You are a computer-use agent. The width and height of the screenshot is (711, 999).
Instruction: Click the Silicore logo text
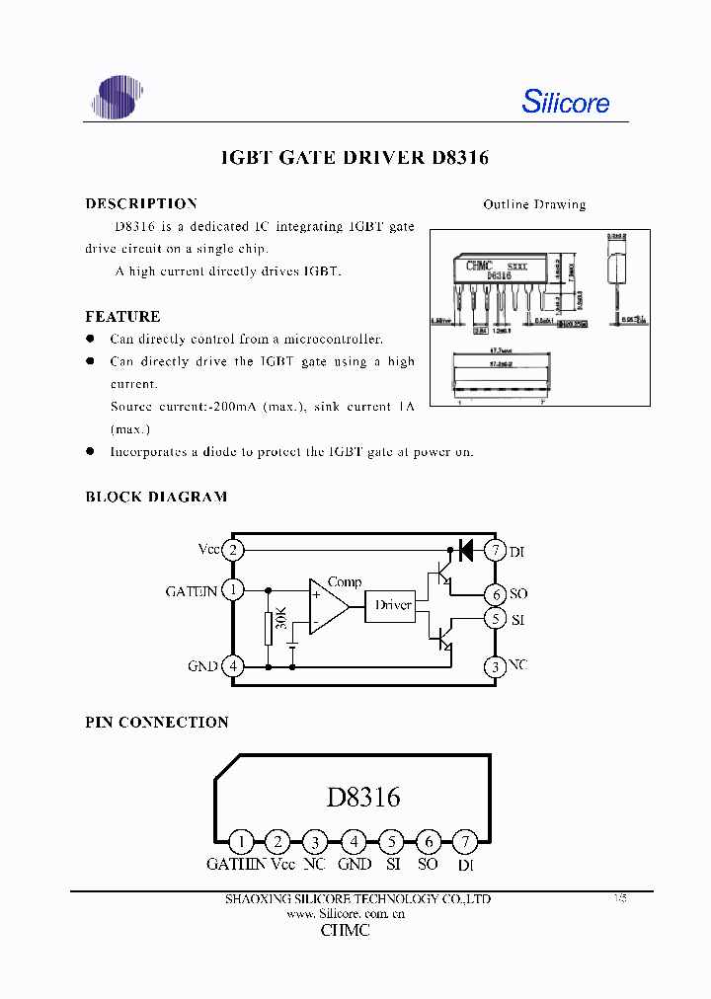click(565, 102)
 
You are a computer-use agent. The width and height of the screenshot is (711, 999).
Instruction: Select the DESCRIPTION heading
click(141, 203)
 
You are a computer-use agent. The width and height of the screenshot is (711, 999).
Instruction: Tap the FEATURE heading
click(122, 317)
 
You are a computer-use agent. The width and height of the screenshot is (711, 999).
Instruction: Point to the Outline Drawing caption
click(534, 204)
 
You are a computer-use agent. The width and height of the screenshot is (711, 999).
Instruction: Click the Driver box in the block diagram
click(393, 605)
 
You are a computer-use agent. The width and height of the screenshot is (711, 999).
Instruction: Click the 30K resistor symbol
click(268, 628)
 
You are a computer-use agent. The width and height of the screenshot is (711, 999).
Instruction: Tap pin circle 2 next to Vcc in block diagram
click(233, 550)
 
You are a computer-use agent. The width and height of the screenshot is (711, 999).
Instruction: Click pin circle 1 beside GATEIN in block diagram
click(233, 590)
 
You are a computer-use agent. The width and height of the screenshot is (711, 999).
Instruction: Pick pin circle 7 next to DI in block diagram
click(496, 550)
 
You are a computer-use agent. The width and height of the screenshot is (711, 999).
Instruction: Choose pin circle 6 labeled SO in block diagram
click(496, 593)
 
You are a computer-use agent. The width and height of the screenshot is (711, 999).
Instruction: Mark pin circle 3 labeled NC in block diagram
click(496, 666)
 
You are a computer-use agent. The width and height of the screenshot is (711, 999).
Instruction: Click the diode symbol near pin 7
click(465, 550)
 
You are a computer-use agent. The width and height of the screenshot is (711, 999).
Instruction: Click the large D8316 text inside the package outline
click(363, 797)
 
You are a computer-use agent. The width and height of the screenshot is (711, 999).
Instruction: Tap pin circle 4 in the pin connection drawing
click(354, 842)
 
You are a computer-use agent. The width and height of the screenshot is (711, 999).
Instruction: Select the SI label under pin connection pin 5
click(393, 864)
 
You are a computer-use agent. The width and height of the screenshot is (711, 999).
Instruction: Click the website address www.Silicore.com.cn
click(346, 914)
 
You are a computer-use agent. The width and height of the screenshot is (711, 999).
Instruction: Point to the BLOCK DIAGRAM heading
click(156, 497)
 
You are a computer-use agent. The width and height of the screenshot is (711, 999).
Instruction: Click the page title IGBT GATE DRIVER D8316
click(354, 158)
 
